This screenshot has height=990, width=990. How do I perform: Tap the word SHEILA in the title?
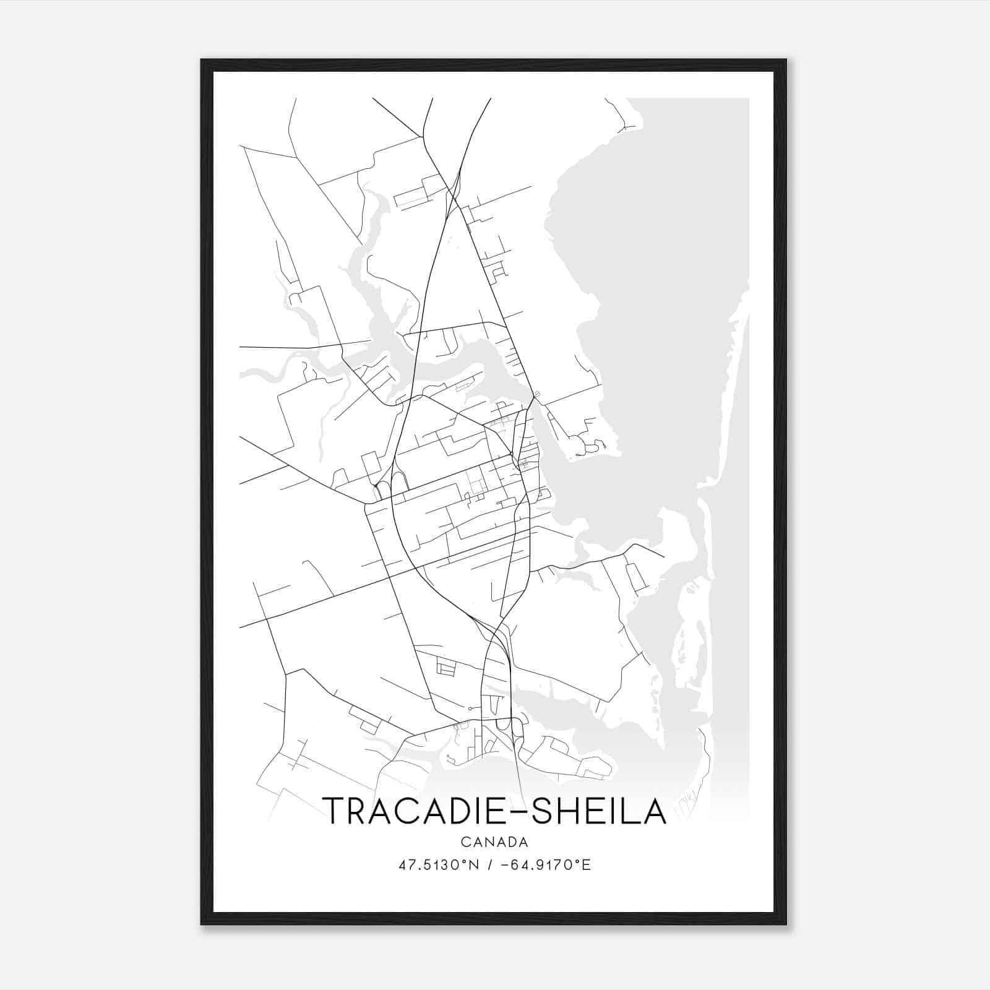[599, 811]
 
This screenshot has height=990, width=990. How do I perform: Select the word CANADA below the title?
[494, 842]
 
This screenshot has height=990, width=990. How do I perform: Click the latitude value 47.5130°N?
[439, 865]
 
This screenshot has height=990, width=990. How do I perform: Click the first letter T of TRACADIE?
[335, 811]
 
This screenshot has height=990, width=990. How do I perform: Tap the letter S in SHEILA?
[543, 811]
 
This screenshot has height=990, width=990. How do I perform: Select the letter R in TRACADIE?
[361, 811]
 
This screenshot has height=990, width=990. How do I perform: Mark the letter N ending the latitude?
[475, 865]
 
